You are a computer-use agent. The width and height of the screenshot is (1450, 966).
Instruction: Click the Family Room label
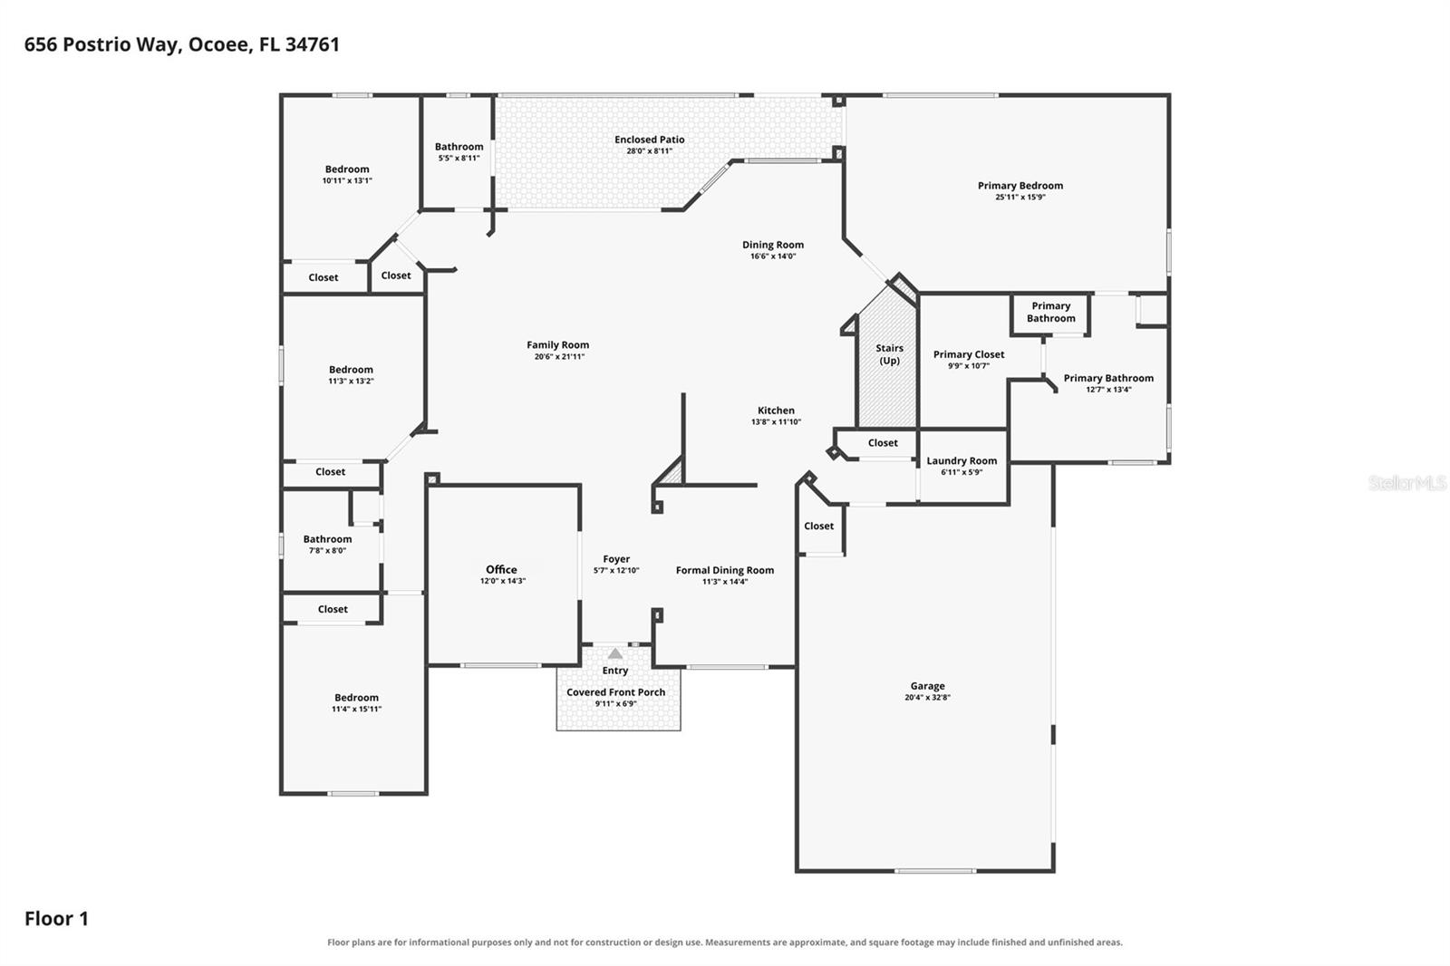[x=558, y=345]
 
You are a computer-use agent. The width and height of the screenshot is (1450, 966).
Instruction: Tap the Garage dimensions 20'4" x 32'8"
[x=928, y=697]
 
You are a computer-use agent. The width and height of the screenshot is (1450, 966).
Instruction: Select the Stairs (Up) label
[x=889, y=354]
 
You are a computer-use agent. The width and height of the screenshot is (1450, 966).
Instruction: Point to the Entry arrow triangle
[x=615, y=653]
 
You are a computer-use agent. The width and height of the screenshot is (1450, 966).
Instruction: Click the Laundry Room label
[x=962, y=460]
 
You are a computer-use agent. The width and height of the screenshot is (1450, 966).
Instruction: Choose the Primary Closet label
[x=969, y=354]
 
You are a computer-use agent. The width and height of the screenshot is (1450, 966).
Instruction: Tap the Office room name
[x=502, y=569]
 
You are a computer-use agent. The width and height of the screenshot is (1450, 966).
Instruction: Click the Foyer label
[x=616, y=559]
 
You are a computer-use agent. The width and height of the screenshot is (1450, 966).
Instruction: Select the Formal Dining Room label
[x=725, y=570]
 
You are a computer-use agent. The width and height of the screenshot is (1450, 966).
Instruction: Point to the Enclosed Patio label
[x=649, y=140]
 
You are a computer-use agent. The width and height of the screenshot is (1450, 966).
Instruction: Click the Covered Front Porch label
[x=615, y=692]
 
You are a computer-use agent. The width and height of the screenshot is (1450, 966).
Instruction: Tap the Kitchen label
[x=776, y=411]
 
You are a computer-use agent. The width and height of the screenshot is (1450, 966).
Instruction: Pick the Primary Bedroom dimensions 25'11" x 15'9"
[x=1020, y=197]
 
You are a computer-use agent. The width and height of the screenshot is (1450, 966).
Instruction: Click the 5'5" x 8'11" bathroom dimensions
[x=459, y=158]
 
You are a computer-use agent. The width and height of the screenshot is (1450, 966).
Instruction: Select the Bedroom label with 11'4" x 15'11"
[x=357, y=697]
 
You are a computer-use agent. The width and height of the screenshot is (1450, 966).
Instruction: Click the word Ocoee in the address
[x=218, y=44]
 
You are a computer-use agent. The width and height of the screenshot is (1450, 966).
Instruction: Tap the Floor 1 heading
[x=56, y=919]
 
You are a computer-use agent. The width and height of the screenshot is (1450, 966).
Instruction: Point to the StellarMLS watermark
[x=1407, y=482]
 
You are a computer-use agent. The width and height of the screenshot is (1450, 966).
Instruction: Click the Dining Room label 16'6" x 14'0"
[x=773, y=245]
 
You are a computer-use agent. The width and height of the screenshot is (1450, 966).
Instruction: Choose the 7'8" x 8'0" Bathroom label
[x=327, y=538]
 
